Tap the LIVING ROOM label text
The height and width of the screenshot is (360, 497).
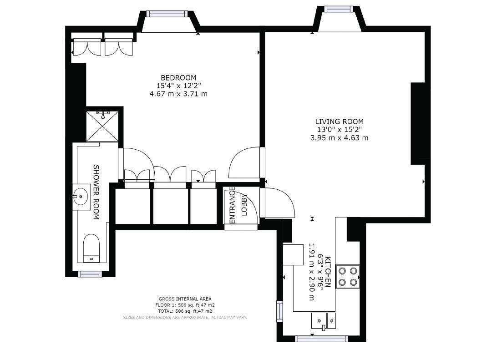339,122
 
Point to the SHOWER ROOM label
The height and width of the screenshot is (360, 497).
96,192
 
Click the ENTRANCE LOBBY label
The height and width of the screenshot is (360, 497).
238,205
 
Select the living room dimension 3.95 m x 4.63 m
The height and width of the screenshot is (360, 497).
339,137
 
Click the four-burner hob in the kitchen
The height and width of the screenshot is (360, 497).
347,276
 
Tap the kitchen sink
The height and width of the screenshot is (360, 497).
323,320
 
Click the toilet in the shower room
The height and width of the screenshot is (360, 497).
92,248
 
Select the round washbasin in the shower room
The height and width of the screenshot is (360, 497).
81,196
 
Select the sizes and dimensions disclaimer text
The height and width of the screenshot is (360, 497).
185,317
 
